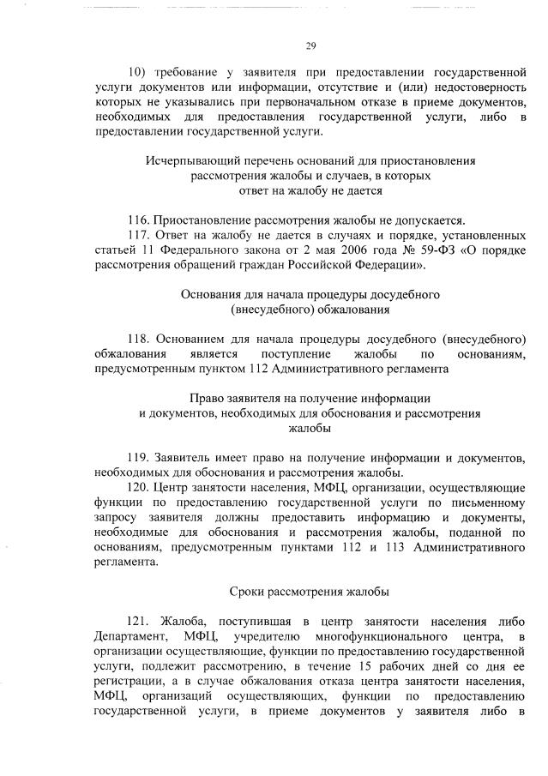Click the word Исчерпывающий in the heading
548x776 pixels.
click(x=185, y=160)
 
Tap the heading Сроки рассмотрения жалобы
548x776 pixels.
click(x=310, y=592)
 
